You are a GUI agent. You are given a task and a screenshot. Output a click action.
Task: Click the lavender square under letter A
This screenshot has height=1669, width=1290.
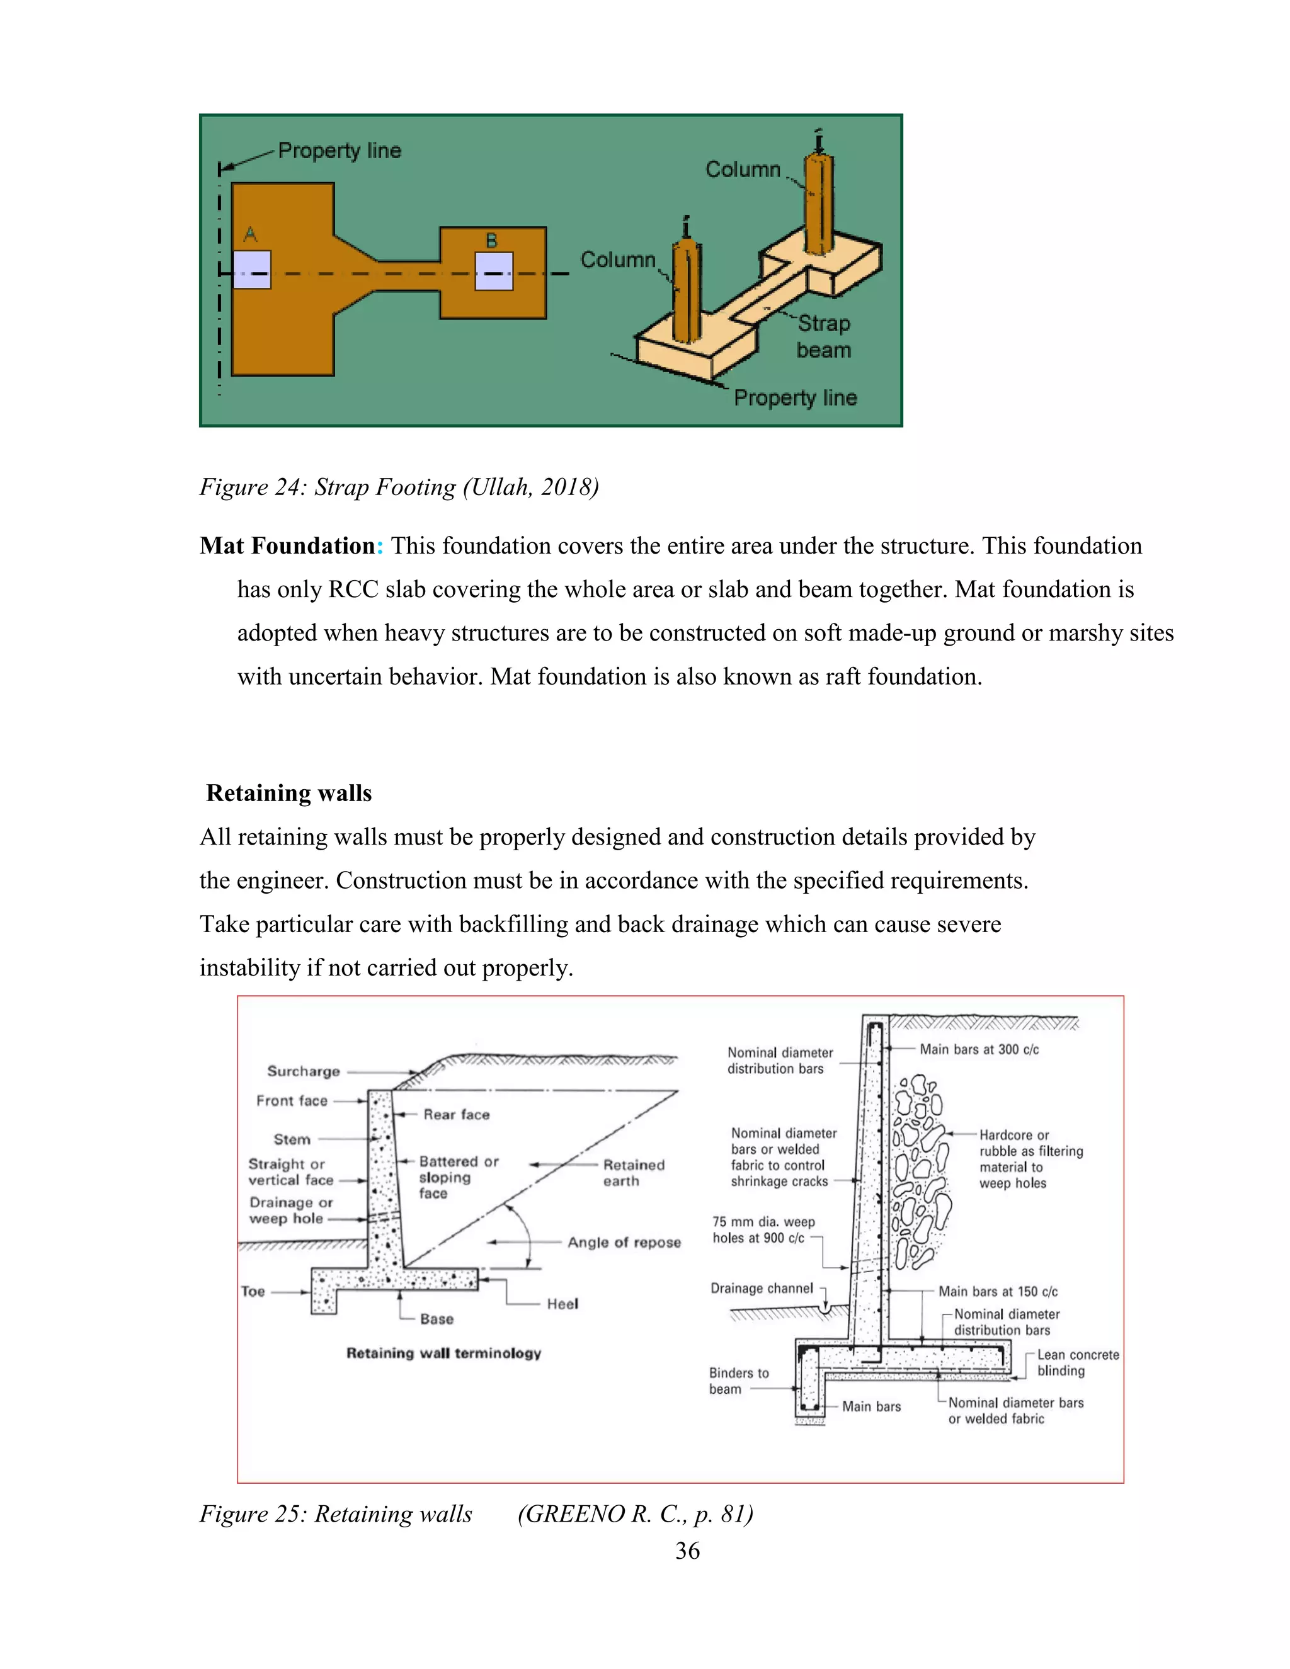click(251, 270)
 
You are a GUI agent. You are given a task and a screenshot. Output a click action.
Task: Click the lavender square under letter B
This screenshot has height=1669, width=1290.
click(493, 271)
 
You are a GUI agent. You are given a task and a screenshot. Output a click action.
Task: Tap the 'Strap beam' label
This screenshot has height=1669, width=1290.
click(823, 337)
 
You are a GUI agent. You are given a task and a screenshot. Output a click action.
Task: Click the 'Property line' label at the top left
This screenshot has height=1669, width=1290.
click(340, 151)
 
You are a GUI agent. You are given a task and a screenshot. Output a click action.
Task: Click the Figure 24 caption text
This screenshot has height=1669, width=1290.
click(399, 487)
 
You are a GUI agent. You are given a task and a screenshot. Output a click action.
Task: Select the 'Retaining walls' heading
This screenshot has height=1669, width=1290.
click(289, 793)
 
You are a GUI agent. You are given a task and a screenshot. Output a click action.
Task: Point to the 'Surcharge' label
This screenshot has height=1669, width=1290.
click(304, 1071)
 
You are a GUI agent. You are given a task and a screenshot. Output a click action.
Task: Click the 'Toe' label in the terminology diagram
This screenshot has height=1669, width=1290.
click(253, 1292)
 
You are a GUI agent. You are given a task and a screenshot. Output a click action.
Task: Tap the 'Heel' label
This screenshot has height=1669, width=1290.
click(562, 1304)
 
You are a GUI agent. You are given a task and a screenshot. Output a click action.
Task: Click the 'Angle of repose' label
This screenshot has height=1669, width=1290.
click(624, 1243)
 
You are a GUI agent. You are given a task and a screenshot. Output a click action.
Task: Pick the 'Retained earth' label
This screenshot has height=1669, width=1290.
click(633, 1173)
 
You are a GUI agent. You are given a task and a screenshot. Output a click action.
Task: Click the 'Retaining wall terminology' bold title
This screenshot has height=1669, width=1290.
click(443, 1353)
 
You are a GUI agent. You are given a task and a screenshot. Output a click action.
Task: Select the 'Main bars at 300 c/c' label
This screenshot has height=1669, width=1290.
click(979, 1049)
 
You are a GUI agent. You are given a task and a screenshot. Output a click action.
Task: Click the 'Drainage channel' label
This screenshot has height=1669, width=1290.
click(762, 1289)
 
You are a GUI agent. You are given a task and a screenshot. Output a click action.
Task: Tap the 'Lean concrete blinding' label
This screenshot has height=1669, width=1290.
click(1076, 1362)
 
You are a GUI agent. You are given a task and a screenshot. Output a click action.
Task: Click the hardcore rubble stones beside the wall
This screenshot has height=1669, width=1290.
click(920, 1169)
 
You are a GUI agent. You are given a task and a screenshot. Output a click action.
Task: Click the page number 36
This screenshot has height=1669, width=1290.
click(687, 1551)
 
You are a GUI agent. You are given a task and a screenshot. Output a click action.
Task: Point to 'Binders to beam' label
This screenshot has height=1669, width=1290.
click(738, 1381)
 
